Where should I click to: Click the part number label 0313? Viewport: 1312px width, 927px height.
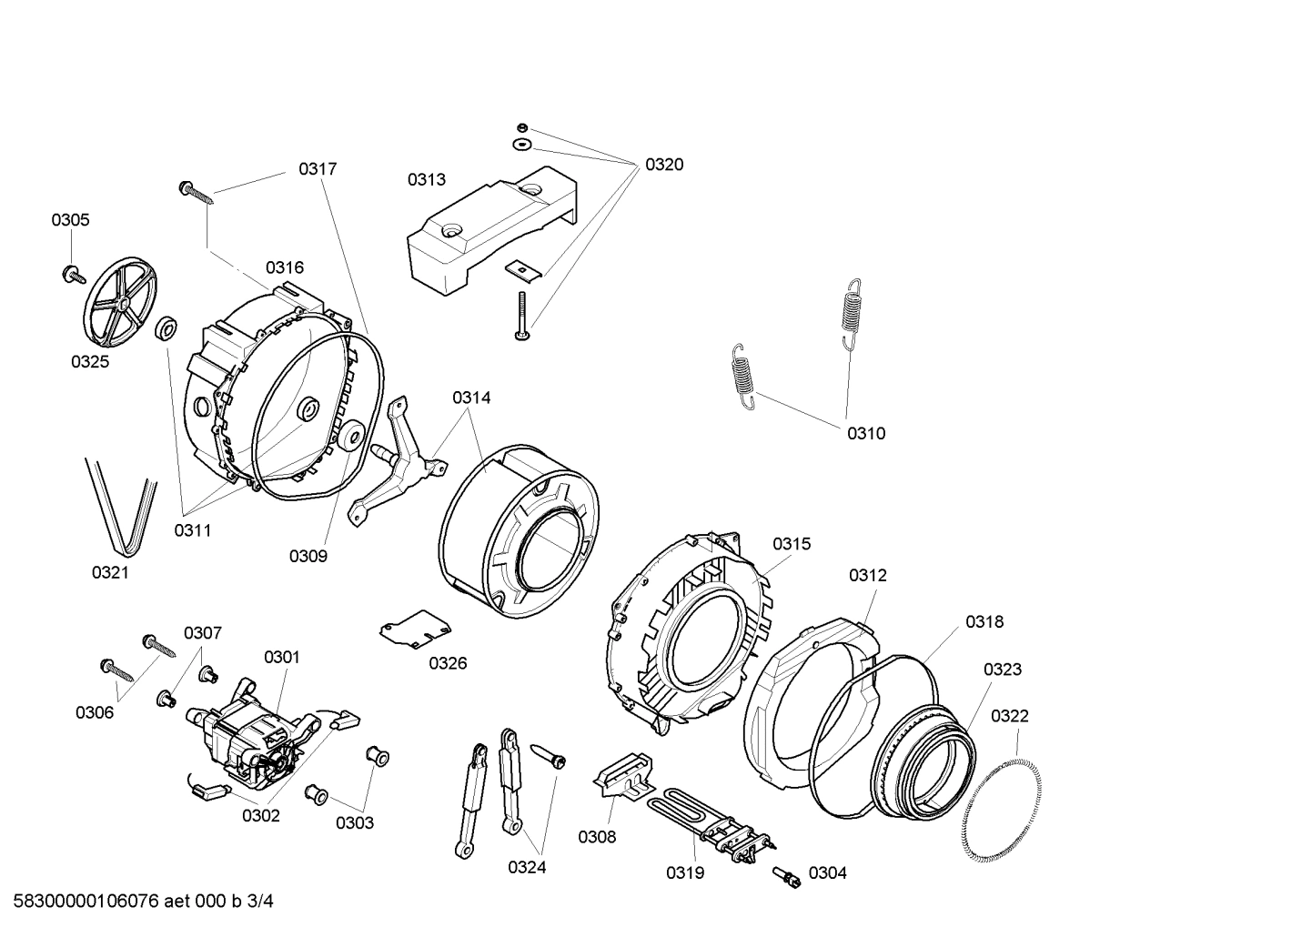tap(426, 179)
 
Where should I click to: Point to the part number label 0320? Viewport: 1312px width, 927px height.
tap(664, 165)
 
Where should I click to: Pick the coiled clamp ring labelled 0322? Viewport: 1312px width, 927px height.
tap(1002, 801)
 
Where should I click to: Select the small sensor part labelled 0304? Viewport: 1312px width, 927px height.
tap(787, 876)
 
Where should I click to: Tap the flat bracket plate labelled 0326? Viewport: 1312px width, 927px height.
tap(414, 628)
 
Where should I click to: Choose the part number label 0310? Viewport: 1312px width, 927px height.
tap(865, 433)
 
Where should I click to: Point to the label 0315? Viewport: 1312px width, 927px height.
tap(792, 544)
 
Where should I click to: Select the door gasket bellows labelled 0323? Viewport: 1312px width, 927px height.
tap(923, 764)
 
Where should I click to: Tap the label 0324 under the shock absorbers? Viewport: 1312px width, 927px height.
tap(527, 867)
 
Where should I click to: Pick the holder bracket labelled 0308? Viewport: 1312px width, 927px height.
tap(624, 778)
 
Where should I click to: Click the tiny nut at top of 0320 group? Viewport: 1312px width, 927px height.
tap(521, 126)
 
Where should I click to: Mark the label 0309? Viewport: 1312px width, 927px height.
tap(308, 556)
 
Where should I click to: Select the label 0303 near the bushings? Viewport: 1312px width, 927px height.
tap(354, 822)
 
